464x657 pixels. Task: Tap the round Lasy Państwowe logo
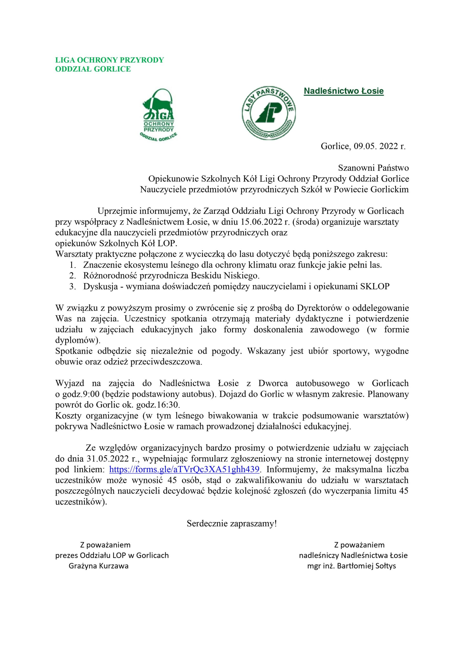pyautogui.click(x=269, y=113)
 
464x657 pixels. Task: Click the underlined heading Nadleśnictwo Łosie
pyautogui.click(x=343, y=91)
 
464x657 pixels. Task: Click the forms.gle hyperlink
pyautogui.click(x=184, y=470)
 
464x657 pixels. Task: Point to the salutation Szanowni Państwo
pyautogui.click(x=373, y=168)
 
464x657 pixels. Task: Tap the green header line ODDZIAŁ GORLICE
pyautogui.click(x=93, y=69)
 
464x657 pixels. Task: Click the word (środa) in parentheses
pyautogui.click(x=305, y=222)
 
